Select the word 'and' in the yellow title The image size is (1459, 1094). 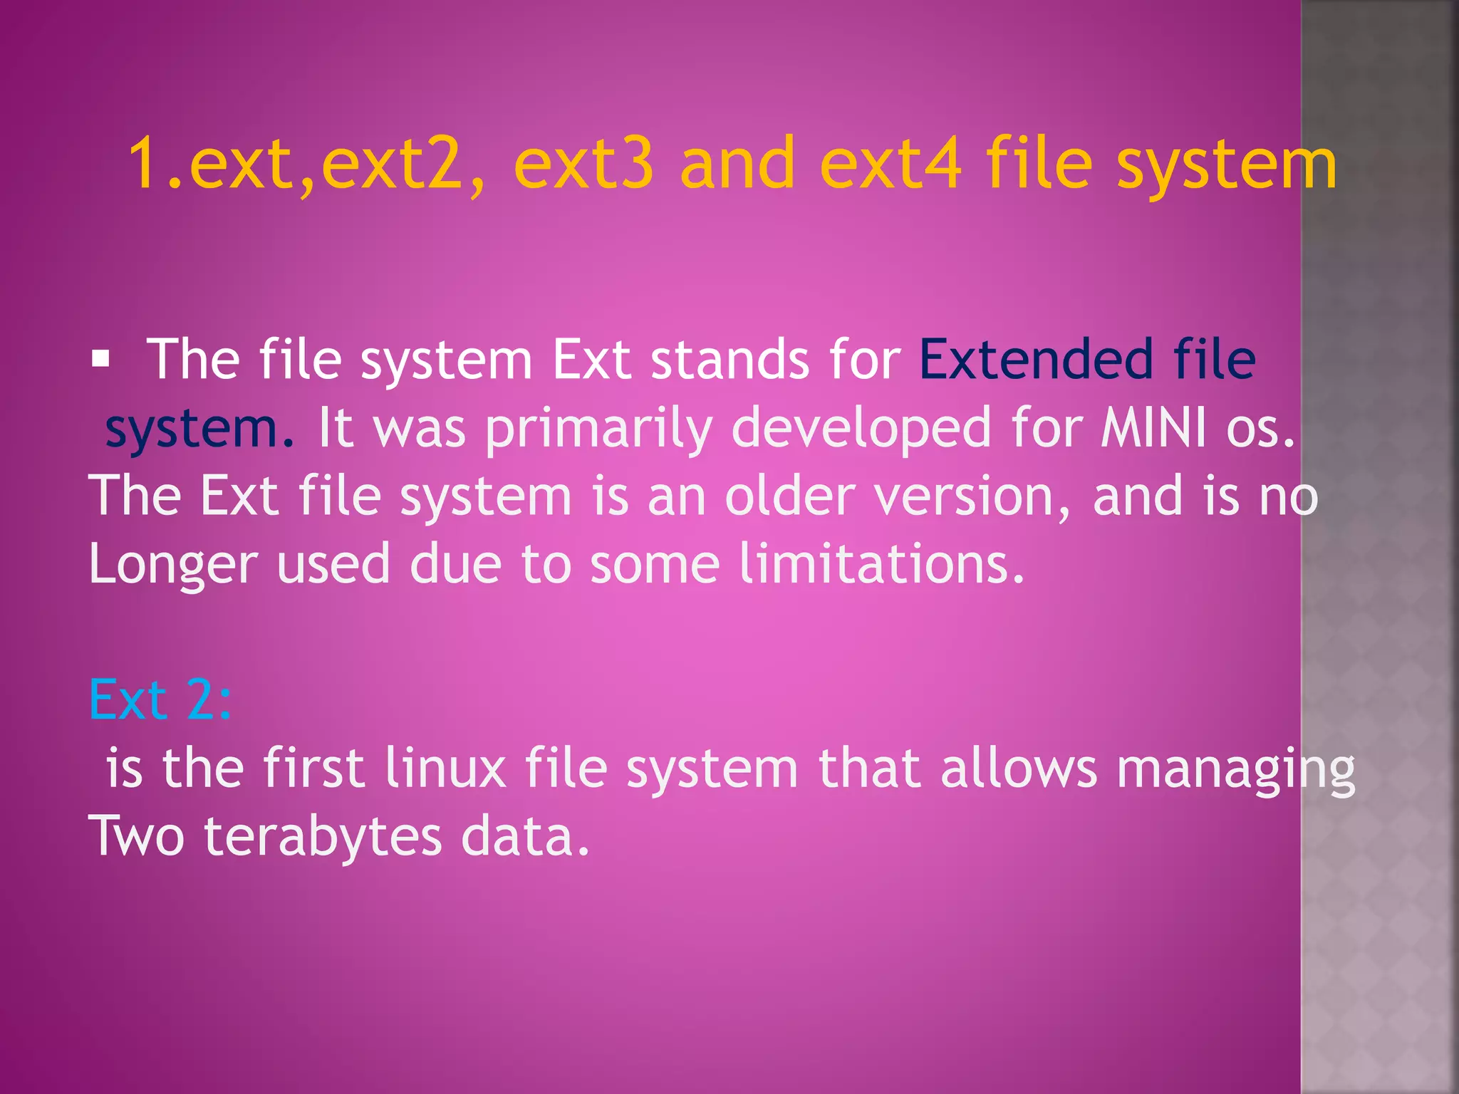pyautogui.click(x=737, y=165)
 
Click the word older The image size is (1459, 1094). pyautogui.click(x=789, y=496)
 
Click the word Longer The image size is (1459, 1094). pyautogui.click(x=172, y=565)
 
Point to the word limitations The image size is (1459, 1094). pyautogui.click(x=881, y=563)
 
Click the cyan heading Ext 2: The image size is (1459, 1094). pyautogui.click(x=160, y=700)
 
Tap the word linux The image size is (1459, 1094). pyautogui.click(x=445, y=769)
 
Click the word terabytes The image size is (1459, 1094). pyautogui.click(x=323, y=838)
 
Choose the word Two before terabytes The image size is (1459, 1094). pyautogui.click(x=137, y=836)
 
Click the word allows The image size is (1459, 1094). pyautogui.click(x=1018, y=769)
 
